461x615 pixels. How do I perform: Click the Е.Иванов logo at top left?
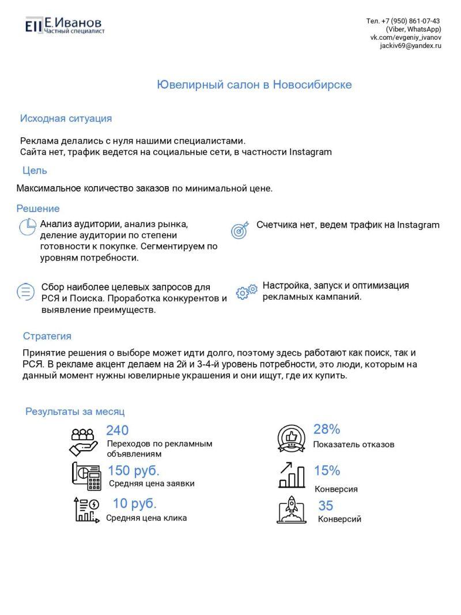point(64,25)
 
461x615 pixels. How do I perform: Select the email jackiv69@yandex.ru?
point(410,46)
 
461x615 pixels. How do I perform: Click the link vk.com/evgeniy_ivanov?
point(406,37)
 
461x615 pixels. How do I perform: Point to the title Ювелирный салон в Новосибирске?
point(254,85)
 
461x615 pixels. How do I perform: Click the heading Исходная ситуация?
point(66,119)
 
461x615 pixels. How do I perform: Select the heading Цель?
point(35,171)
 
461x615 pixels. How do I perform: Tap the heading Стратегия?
point(47,336)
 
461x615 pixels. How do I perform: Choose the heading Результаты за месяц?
point(75,412)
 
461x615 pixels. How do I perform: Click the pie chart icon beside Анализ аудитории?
point(28,227)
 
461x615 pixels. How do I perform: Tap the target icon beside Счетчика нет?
point(240,229)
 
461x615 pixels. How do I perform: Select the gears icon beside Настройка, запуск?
point(247,292)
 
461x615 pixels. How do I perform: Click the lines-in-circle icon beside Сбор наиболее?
point(26,292)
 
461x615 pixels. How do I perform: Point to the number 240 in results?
point(118,430)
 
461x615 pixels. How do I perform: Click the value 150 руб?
point(134,470)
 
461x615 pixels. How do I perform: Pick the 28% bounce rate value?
point(327,429)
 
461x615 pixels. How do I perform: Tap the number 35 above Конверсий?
point(326,505)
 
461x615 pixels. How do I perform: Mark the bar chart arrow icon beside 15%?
point(292,474)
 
